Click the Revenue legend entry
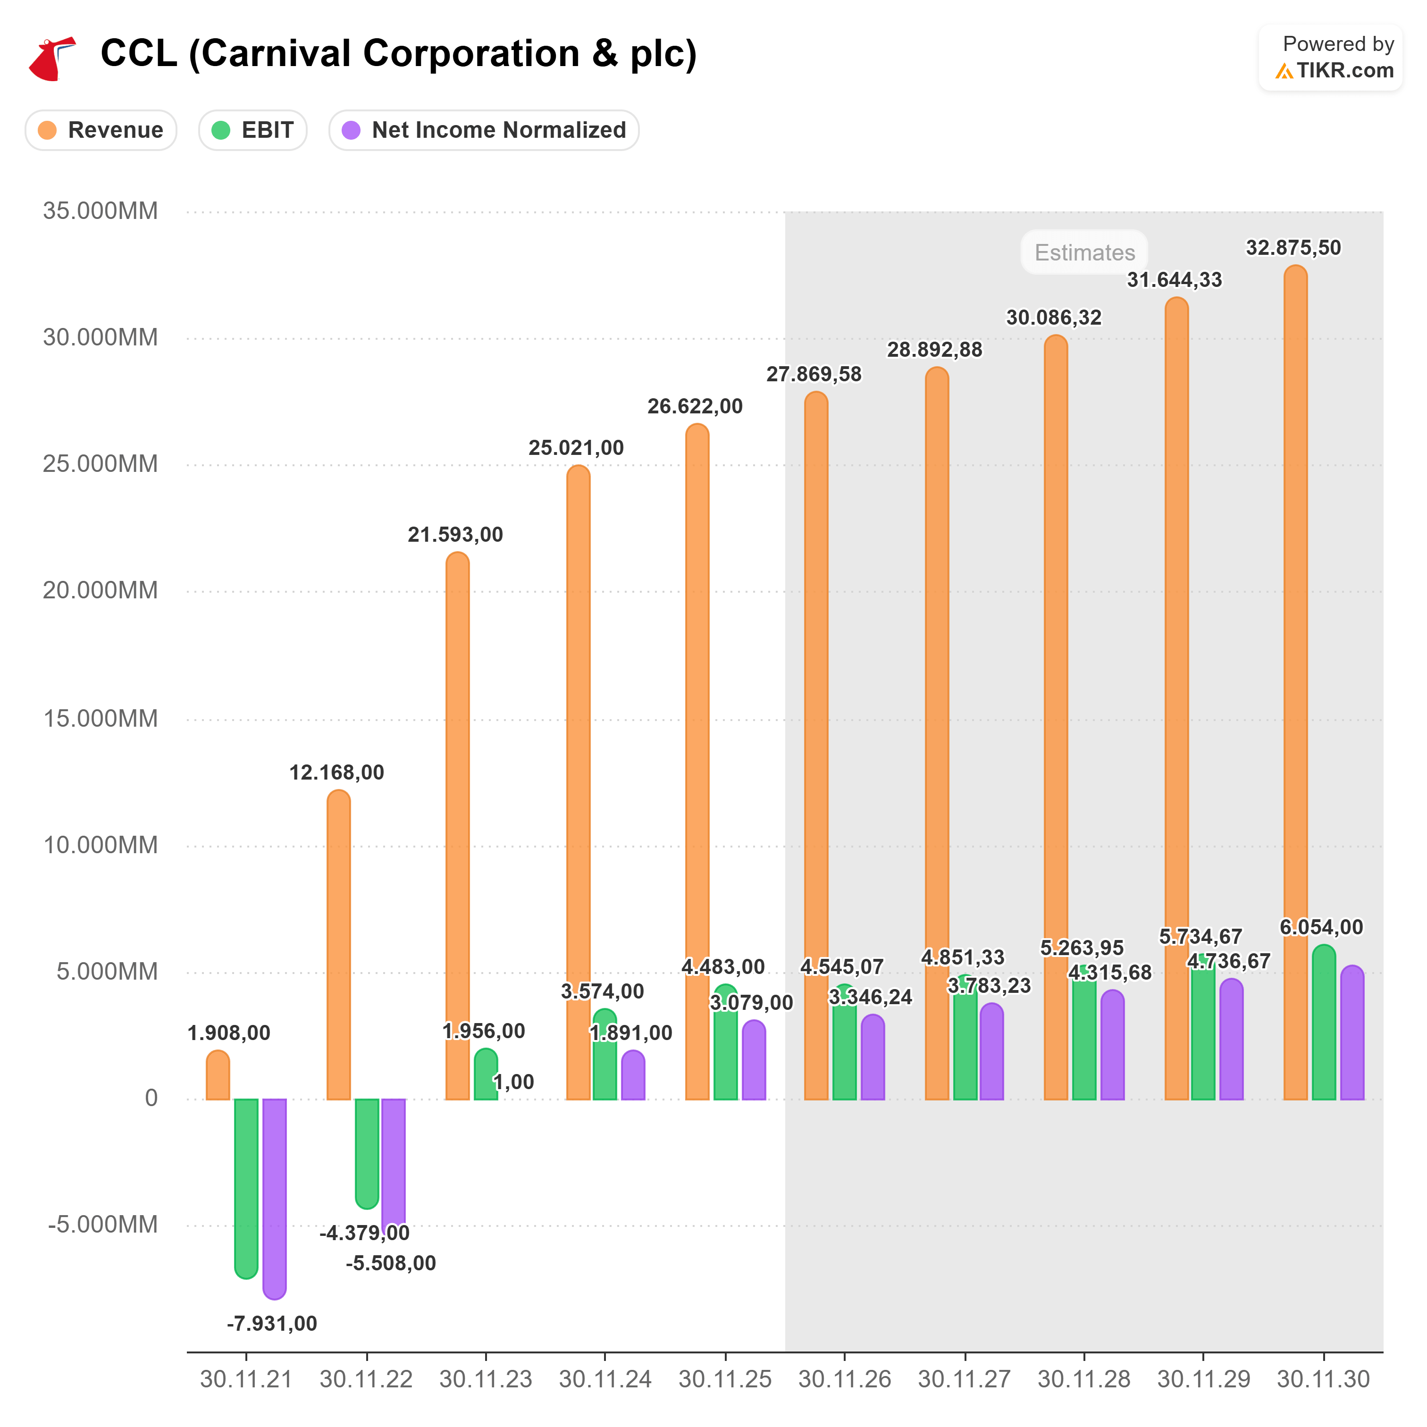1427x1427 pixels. coord(101,131)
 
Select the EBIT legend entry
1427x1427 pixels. coord(252,131)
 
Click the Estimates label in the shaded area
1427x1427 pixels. coord(1084,252)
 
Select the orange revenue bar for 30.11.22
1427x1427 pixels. coord(338,945)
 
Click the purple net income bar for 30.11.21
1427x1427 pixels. coord(274,1197)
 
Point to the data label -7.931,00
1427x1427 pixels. coord(272,1324)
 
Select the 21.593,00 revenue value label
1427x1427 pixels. coord(455,535)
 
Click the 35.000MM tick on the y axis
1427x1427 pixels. coord(101,211)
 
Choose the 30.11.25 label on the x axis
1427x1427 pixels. coord(724,1379)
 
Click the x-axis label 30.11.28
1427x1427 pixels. coord(1083,1379)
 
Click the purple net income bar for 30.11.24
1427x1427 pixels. coord(633,1076)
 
